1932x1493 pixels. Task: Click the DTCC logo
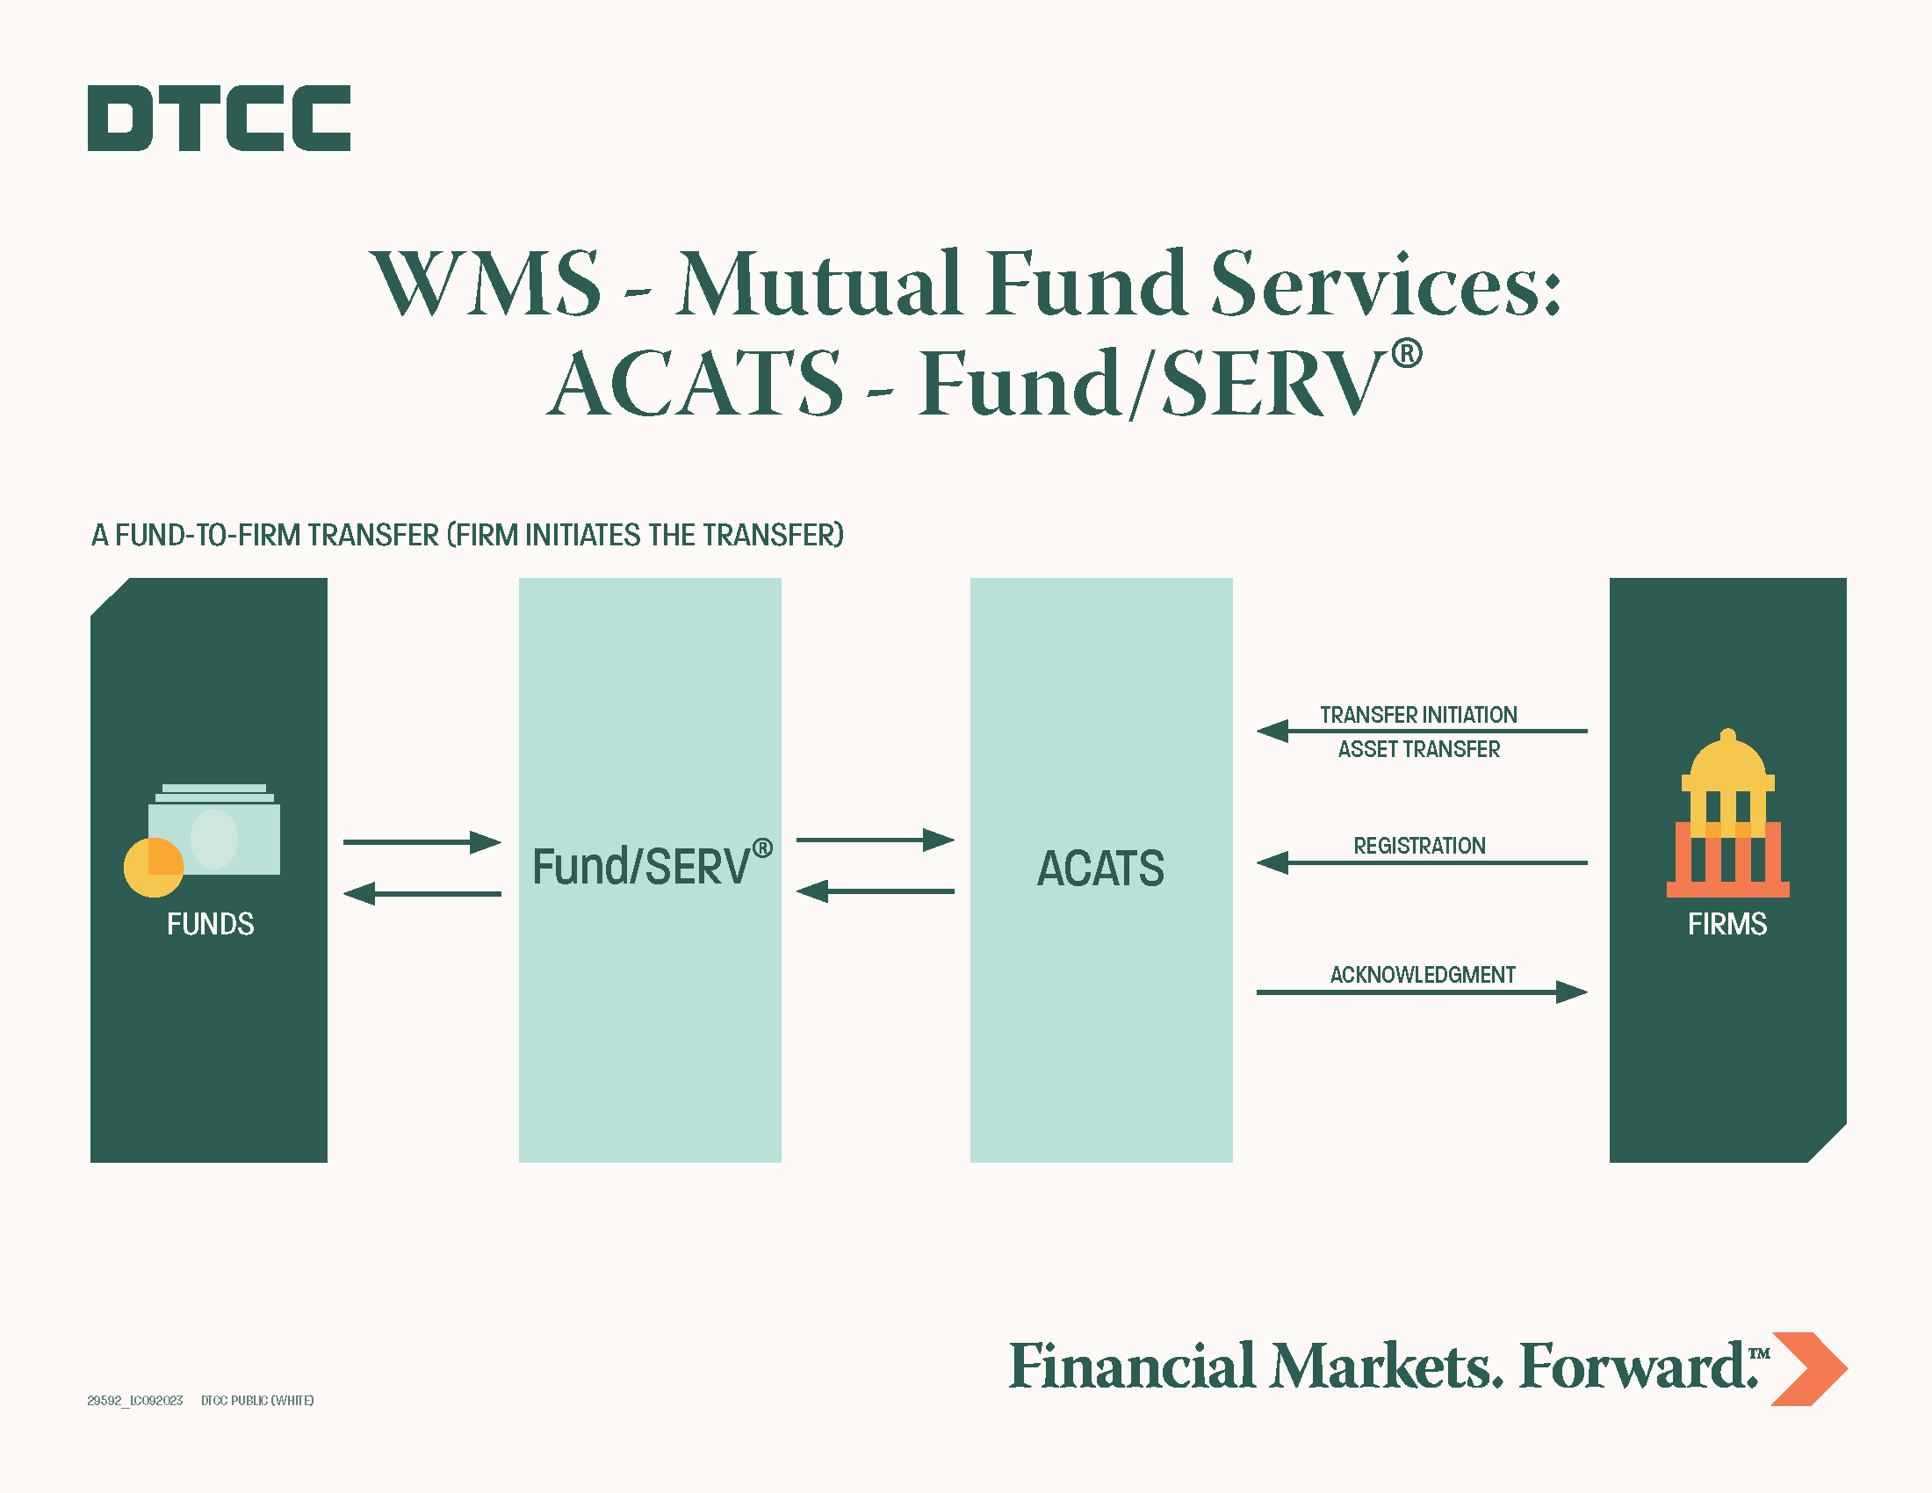[219, 118]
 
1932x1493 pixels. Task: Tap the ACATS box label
[1100, 868]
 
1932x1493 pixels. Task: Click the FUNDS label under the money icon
[211, 923]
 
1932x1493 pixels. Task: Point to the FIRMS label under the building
[1727, 923]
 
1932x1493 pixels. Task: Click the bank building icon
[1727, 813]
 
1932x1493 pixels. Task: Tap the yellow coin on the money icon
[153, 868]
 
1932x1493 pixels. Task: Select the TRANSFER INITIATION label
[1418, 715]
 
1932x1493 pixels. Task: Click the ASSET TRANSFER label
[1419, 749]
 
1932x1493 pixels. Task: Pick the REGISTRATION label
[1419, 846]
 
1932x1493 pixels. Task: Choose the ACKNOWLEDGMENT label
[1423, 975]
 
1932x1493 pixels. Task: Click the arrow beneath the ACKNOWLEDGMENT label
[1422, 992]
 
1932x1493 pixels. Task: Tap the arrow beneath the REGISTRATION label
[1422, 862]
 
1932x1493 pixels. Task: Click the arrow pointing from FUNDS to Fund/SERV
[422, 842]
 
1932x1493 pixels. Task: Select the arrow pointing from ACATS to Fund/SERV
[875, 891]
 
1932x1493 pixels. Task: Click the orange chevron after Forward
[1810, 1368]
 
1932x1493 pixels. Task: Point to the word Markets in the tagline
[1386, 1367]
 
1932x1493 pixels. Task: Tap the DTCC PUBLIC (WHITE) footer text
[257, 1400]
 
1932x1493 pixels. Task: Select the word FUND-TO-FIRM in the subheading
[208, 535]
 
